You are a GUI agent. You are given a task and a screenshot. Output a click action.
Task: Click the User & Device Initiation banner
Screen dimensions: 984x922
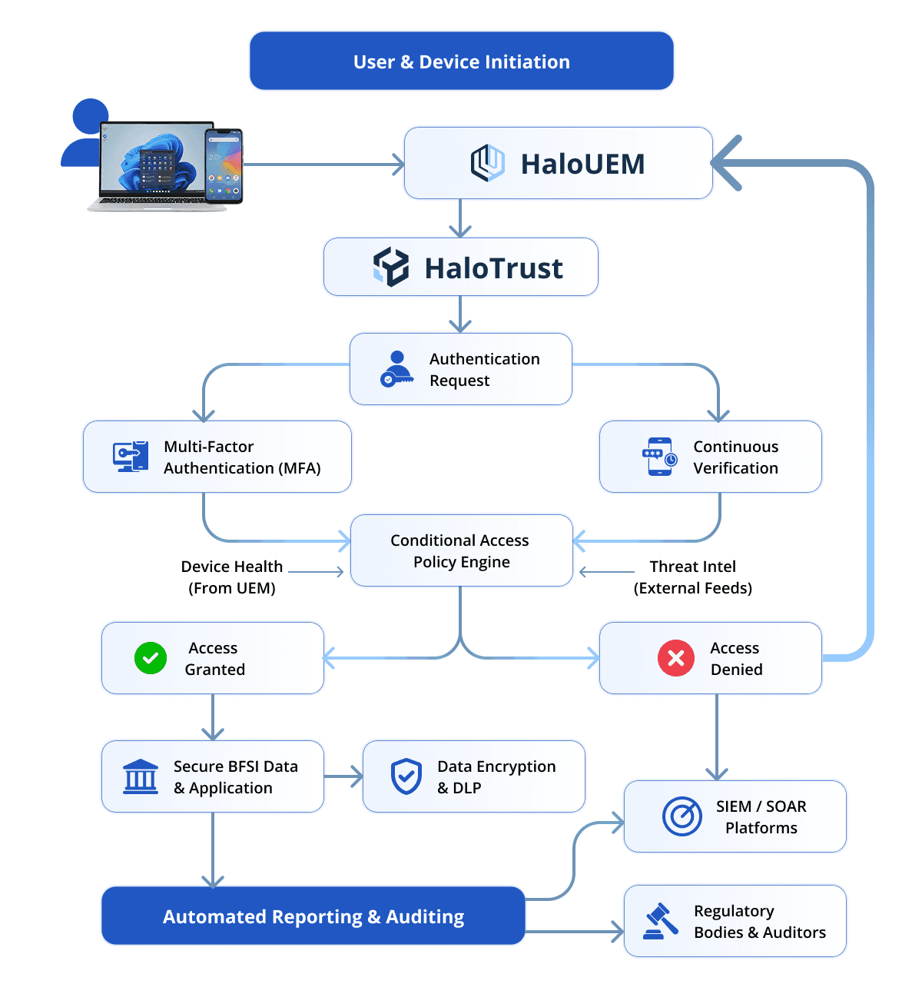pyautogui.click(x=461, y=61)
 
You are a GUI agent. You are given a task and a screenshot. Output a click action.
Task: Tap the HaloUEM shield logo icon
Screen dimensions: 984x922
pyautogui.click(x=487, y=163)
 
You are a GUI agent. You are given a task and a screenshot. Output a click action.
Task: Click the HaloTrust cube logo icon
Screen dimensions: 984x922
pyautogui.click(x=391, y=267)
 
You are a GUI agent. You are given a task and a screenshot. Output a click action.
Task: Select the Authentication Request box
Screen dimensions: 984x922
pyautogui.click(x=461, y=369)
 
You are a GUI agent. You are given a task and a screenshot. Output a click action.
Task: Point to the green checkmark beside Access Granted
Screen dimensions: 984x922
pyautogui.click(x=151, y=658)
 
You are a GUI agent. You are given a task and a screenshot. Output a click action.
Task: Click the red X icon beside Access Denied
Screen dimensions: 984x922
pyautogui.click(x=676, y=658)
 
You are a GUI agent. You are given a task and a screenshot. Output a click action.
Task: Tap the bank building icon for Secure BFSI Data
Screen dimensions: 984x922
pyautogui.click(x=141, y=776)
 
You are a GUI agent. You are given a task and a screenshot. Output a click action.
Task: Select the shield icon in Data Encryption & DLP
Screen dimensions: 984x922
pyautogui.click(x=406, y=776)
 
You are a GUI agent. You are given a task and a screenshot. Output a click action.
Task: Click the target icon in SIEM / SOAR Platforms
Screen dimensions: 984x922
pyautogui.click(x=682, y=816)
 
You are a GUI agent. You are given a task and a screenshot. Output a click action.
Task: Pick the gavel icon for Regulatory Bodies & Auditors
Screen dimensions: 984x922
pyautogui.click(x=660, y=921)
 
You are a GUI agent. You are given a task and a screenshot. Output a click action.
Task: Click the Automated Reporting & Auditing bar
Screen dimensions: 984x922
pyautogui.click(x=313, y=916)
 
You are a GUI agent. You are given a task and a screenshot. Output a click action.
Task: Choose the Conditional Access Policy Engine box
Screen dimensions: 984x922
pyautogui.click(x=461, y=550)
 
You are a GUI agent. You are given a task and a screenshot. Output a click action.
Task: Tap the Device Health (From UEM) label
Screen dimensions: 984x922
pyautogui.click(x=232, y=577)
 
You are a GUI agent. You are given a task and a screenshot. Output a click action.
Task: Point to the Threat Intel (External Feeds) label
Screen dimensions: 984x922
pyautogui.click(x=692, y=577)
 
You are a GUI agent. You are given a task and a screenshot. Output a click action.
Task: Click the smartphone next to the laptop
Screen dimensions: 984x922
pyautogui.click(x=224, y=166)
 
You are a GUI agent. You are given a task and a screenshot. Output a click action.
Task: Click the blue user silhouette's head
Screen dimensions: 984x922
pyautogui.click(x=91, y=116)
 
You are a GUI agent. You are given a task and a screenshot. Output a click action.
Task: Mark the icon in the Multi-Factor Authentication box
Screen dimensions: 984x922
pyautogui.click(x=131, y=457)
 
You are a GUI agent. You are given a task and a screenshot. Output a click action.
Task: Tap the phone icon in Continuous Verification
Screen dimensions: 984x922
pyautogui.click(x=659, y=457)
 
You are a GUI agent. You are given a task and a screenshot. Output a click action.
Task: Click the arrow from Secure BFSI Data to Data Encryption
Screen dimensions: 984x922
pyautogui.click(x=343, y=776)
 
